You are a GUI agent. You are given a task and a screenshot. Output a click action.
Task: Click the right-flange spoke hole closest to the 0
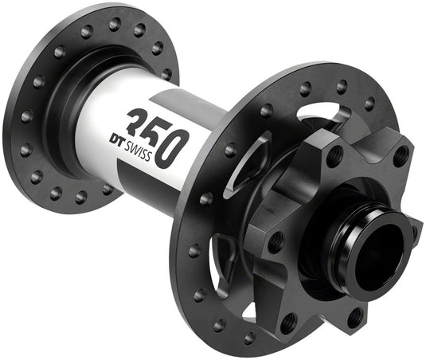[x=230, y=149]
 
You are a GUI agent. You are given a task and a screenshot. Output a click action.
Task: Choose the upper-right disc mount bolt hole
[x=401, y=155]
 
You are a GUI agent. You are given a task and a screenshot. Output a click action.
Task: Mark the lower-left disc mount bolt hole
[x=289, y=322]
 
